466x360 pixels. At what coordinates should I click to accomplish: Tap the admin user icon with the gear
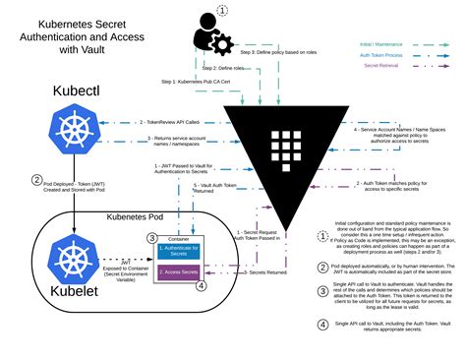(x=207, y=30)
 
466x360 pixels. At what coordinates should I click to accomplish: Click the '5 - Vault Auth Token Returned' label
(x=215, y=189)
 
